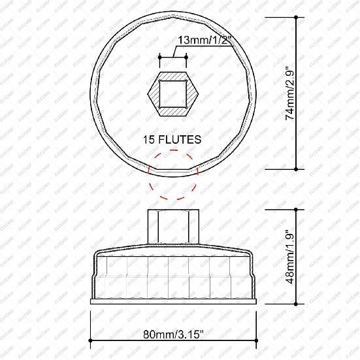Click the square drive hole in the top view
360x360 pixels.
point(173,93)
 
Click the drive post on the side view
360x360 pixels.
point(173,225)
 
